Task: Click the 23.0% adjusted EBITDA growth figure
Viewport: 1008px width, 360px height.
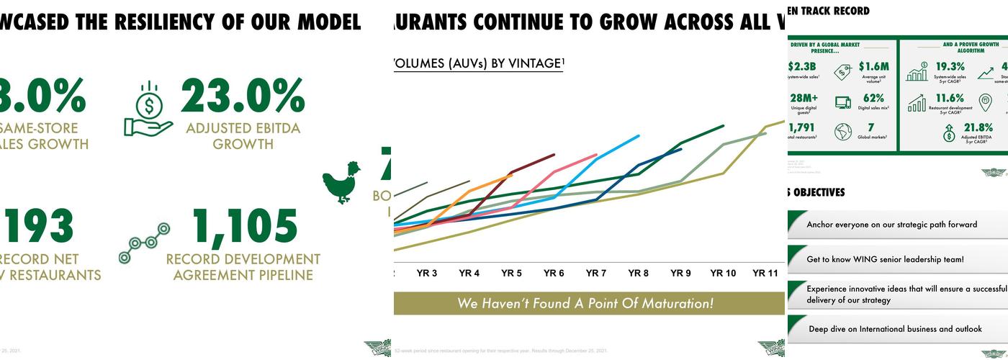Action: pos(242,96)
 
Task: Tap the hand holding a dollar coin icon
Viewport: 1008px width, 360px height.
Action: pos(148,109)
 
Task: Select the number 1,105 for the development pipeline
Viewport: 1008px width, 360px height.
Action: pos(245,227)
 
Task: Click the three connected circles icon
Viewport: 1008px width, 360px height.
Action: pos(144,243)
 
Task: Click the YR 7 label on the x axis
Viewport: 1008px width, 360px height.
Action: pos(595,274)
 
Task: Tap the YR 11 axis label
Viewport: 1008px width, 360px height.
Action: pos(765,274)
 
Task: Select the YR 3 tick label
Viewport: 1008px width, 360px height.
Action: pos(427,274)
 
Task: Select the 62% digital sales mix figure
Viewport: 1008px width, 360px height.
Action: pos(873,99)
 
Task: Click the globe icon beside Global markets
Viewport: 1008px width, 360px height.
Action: pos(842,132)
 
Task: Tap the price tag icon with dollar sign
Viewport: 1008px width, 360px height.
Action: pos(843,71)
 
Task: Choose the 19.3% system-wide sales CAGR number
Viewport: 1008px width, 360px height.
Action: pos(950,67)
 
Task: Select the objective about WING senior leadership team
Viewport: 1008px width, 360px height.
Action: pos(885,259)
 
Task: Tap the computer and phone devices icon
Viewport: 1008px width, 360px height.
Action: pos(843,102)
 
